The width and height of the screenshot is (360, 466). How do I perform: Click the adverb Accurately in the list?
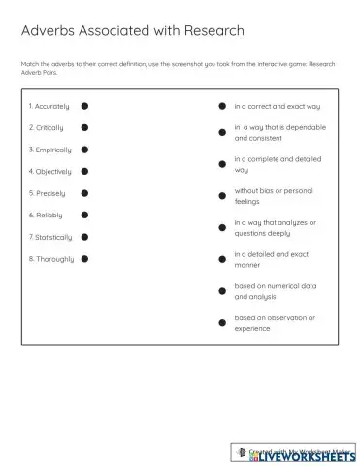49,106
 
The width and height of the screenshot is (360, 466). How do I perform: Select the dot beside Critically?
84,128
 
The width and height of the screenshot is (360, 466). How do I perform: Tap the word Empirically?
50,150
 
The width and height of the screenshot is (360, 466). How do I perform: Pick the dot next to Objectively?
84,171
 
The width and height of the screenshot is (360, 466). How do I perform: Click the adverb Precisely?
48,193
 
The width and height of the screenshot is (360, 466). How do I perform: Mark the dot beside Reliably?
84,215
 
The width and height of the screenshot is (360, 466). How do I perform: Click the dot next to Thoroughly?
84,258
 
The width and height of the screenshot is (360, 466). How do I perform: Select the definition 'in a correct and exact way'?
277,106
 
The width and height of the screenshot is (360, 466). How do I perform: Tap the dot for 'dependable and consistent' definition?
222,132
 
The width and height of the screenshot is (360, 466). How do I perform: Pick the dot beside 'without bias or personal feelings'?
222,195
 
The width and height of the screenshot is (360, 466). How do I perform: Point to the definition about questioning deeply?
276,227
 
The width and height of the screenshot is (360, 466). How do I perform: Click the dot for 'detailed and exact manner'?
222,259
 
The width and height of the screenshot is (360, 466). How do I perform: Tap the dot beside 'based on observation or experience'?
222,322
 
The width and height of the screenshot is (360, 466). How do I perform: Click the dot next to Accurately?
84,106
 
